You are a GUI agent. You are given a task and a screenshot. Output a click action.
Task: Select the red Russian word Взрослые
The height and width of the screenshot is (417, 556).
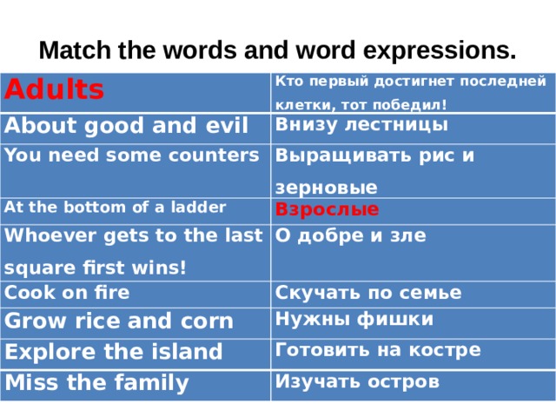tap(327, 208)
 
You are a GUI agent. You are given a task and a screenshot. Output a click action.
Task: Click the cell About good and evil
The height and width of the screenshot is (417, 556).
tap(127, 124)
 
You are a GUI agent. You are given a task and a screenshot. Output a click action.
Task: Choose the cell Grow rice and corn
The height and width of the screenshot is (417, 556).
tap(120, 321)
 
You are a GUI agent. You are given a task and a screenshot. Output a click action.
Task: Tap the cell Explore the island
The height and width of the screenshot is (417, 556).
tap(114, 352)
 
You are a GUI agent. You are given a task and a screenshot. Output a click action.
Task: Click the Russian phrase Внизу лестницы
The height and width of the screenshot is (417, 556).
tap(361, 124)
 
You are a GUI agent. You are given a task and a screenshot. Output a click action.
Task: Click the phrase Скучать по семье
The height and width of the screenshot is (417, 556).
tap(368, 293)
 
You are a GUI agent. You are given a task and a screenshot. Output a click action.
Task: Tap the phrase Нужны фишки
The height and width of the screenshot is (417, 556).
tap(354, 320)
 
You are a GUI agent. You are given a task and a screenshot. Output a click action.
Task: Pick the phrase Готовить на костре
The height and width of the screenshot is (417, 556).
tap(378, 350)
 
